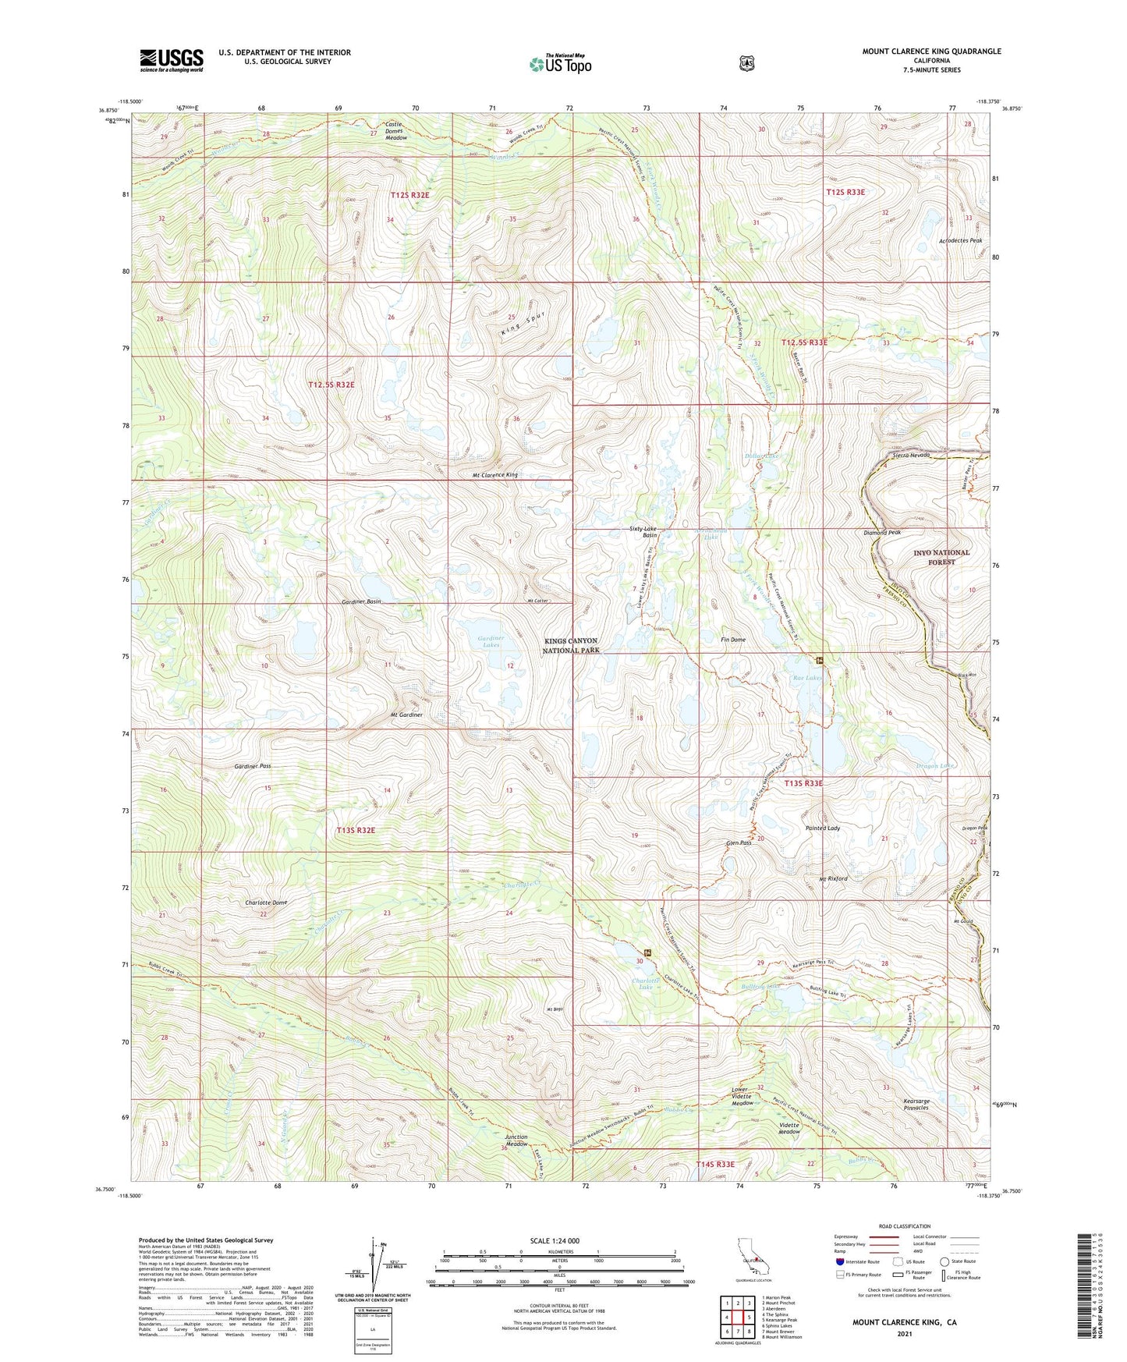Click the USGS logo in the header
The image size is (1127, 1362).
point(172,59)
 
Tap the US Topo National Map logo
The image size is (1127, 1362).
point(560,64)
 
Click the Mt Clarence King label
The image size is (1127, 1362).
point(494,475)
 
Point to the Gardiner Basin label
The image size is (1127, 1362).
point(361,602)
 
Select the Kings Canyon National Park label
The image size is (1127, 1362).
point(572,645)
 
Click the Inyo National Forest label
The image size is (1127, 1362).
point(941,557)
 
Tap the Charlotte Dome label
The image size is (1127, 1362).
point(266,903)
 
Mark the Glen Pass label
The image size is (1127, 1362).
point(738,843)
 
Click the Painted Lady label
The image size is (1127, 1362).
point(822,828)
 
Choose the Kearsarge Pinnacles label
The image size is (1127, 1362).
point(916,1105)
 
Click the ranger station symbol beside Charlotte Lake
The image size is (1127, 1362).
point(647,953)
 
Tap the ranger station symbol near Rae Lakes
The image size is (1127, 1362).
point(820,661)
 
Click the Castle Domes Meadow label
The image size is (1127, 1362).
point(395,131)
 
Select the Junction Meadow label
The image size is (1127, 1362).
point(516,1141)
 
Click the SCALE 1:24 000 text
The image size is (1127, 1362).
point(555,1241)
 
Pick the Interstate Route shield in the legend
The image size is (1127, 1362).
point(839,1261)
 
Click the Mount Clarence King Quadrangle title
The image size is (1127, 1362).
point(931,51)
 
